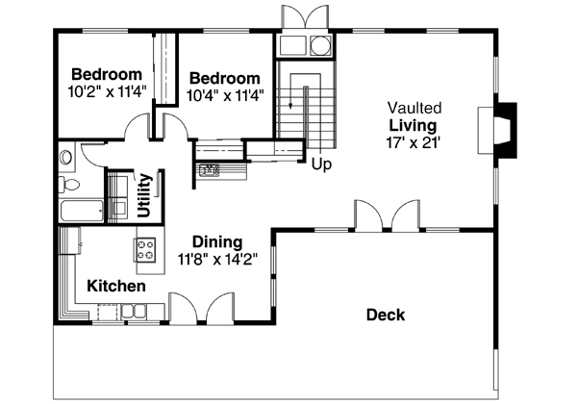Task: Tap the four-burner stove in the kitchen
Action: click(146, 250)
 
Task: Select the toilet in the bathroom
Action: click(67, 184)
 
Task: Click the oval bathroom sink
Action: click(65, 156)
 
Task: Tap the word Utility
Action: click(144, 195)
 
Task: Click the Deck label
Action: click(385, 315)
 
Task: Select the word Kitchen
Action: click(116, 286)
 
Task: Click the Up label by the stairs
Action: click(321, 164)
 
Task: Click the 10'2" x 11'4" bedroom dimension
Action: click(107, 92)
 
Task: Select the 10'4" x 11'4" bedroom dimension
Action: click(224, 95)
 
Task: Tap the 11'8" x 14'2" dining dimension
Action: click(216, 259)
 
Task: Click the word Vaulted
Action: click(413, 107)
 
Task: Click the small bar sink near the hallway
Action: click(210, 171)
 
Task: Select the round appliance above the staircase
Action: click(317, 45)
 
